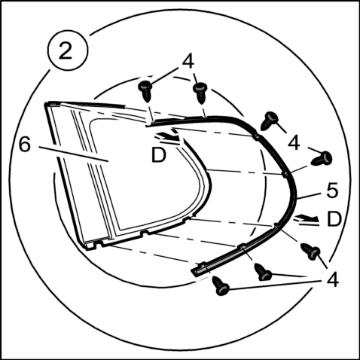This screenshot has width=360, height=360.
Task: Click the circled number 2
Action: (68, 50)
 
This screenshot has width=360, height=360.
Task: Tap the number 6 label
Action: (25, 145)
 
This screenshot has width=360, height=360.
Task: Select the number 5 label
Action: (333, 191)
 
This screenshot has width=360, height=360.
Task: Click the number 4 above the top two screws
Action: (188, 61)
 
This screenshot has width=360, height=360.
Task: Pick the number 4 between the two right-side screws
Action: (294, 143)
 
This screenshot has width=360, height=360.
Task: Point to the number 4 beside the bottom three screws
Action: (333, 279)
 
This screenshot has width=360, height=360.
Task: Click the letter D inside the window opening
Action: (159, 155)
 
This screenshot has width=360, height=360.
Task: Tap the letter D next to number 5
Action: (334, 219)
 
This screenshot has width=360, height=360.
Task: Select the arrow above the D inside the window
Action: (167, 136)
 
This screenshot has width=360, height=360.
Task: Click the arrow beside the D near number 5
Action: (307, 218)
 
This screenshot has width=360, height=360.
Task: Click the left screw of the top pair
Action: (145, 90)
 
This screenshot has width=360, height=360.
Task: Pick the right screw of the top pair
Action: (200, 93)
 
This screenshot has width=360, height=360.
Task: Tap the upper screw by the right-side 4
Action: (269, 121)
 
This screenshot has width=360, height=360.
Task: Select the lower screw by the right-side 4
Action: (322, 158)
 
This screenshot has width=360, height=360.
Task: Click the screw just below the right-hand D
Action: (311, 251)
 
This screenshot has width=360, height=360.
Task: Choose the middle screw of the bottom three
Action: (264, 272)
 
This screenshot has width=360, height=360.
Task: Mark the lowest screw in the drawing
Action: (221, 285)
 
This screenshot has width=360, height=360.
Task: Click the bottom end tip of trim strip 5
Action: (194, 273)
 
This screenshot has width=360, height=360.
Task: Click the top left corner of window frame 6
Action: (46, 104)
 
